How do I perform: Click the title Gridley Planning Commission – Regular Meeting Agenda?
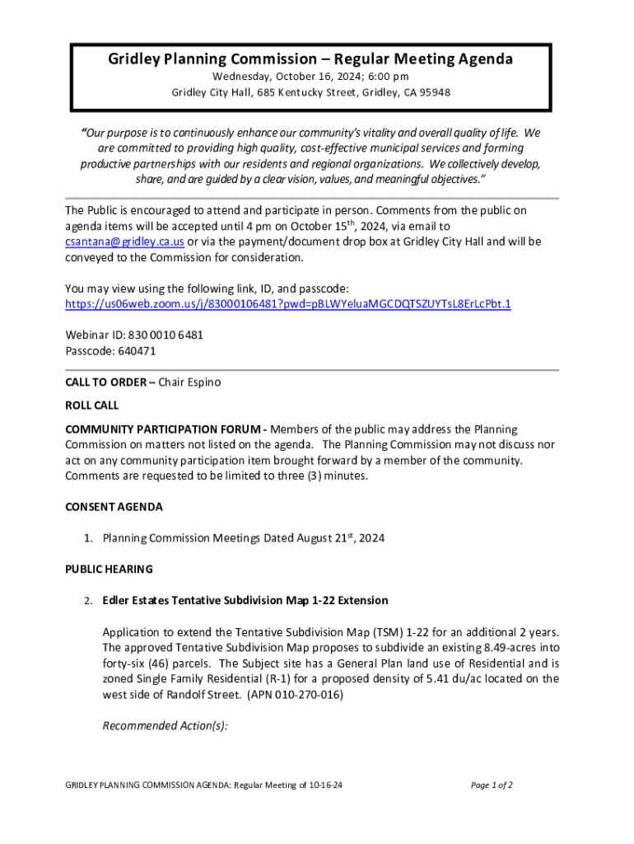(310, 59)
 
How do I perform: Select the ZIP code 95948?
(434, 92)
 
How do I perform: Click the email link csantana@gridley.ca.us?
(124, 241)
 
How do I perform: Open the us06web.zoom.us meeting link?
(287, 304)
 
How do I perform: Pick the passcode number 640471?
(137, 351)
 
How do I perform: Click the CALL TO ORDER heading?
(105, 382)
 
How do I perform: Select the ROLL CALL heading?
(91, 406)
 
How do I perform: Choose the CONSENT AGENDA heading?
(114, 507)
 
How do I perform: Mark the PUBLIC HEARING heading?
(109, 570)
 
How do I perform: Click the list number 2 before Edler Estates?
(86, 601)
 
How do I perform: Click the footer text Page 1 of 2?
(492, 785)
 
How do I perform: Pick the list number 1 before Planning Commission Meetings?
(86, 539)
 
